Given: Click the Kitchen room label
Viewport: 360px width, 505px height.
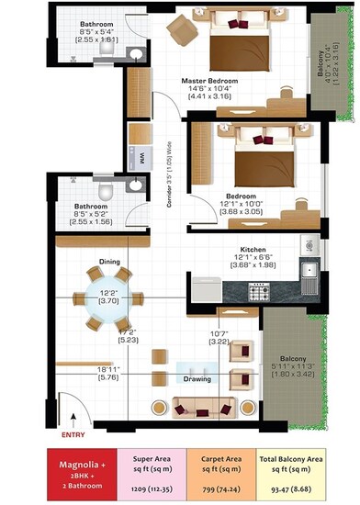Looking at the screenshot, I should tap(253, 250).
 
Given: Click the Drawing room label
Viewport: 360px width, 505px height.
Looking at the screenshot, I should tap(197, 378).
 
